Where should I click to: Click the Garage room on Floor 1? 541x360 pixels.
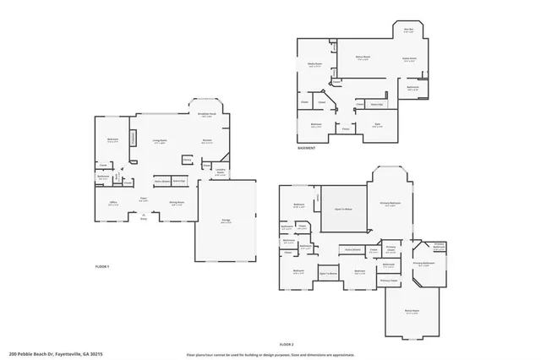227,221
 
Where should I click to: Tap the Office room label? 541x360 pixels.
112,203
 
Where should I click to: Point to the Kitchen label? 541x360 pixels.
206,141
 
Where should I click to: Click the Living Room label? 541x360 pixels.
158,141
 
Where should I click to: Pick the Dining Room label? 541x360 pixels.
177,203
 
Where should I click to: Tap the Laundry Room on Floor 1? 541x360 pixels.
220,172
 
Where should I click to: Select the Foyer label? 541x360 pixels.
144,200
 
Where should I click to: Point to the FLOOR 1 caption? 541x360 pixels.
101,266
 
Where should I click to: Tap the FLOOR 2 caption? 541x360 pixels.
286,344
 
